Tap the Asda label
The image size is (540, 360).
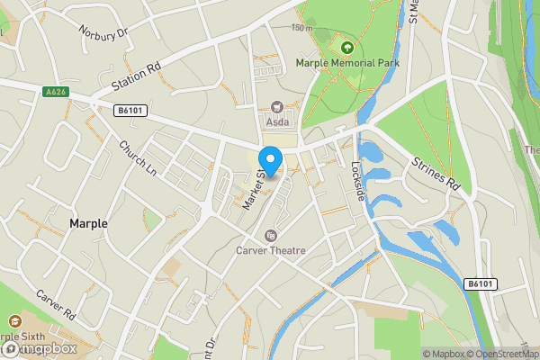[x=276, y=121]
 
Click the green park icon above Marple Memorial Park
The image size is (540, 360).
[x=346, y=46]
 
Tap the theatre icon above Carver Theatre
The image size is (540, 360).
[x=270, y=236]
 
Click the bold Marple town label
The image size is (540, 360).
[x=88, y=223]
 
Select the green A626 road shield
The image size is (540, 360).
[x=55, y=91]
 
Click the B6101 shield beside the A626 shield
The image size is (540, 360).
[x=131, y=110]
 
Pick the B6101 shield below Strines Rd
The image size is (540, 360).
[x=481, y=283]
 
